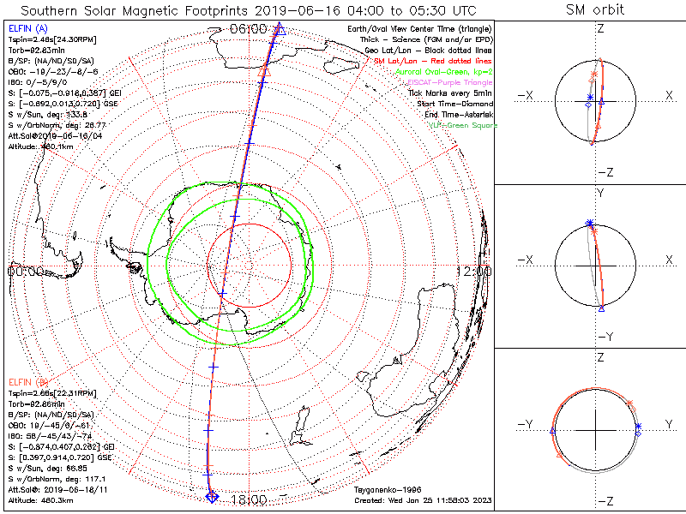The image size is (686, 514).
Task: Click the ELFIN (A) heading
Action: pos(28,29)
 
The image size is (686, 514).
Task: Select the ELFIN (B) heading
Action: pos(28,381)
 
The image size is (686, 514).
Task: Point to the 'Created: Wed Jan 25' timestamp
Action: pos(423,500)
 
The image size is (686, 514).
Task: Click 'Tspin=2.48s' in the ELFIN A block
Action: pos(26,40)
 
